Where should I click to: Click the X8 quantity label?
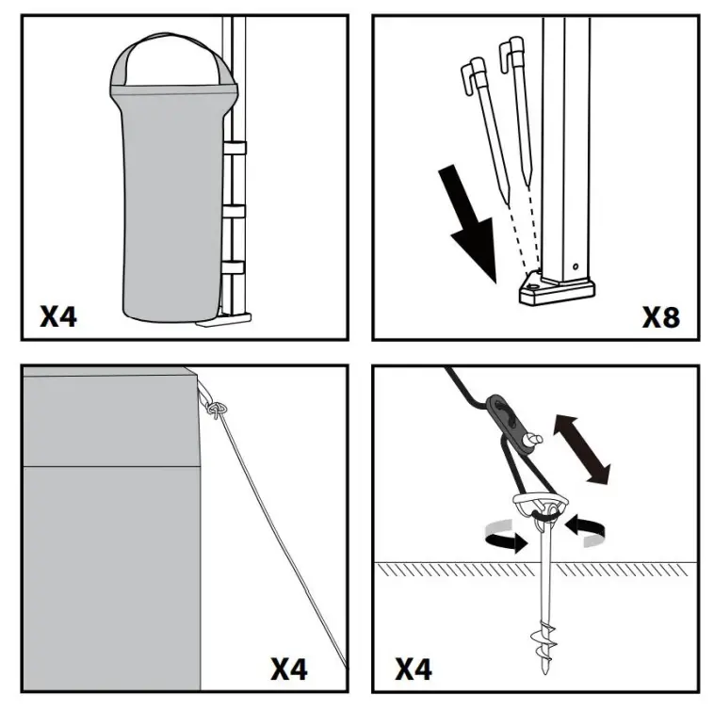(x=660, y=315)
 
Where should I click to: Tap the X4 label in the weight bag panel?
(x=57, y=315)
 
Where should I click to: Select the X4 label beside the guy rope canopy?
(x=289, y=669)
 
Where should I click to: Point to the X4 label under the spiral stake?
(x=413, y=669)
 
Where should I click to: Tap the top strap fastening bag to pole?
(x=233, y=148)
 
